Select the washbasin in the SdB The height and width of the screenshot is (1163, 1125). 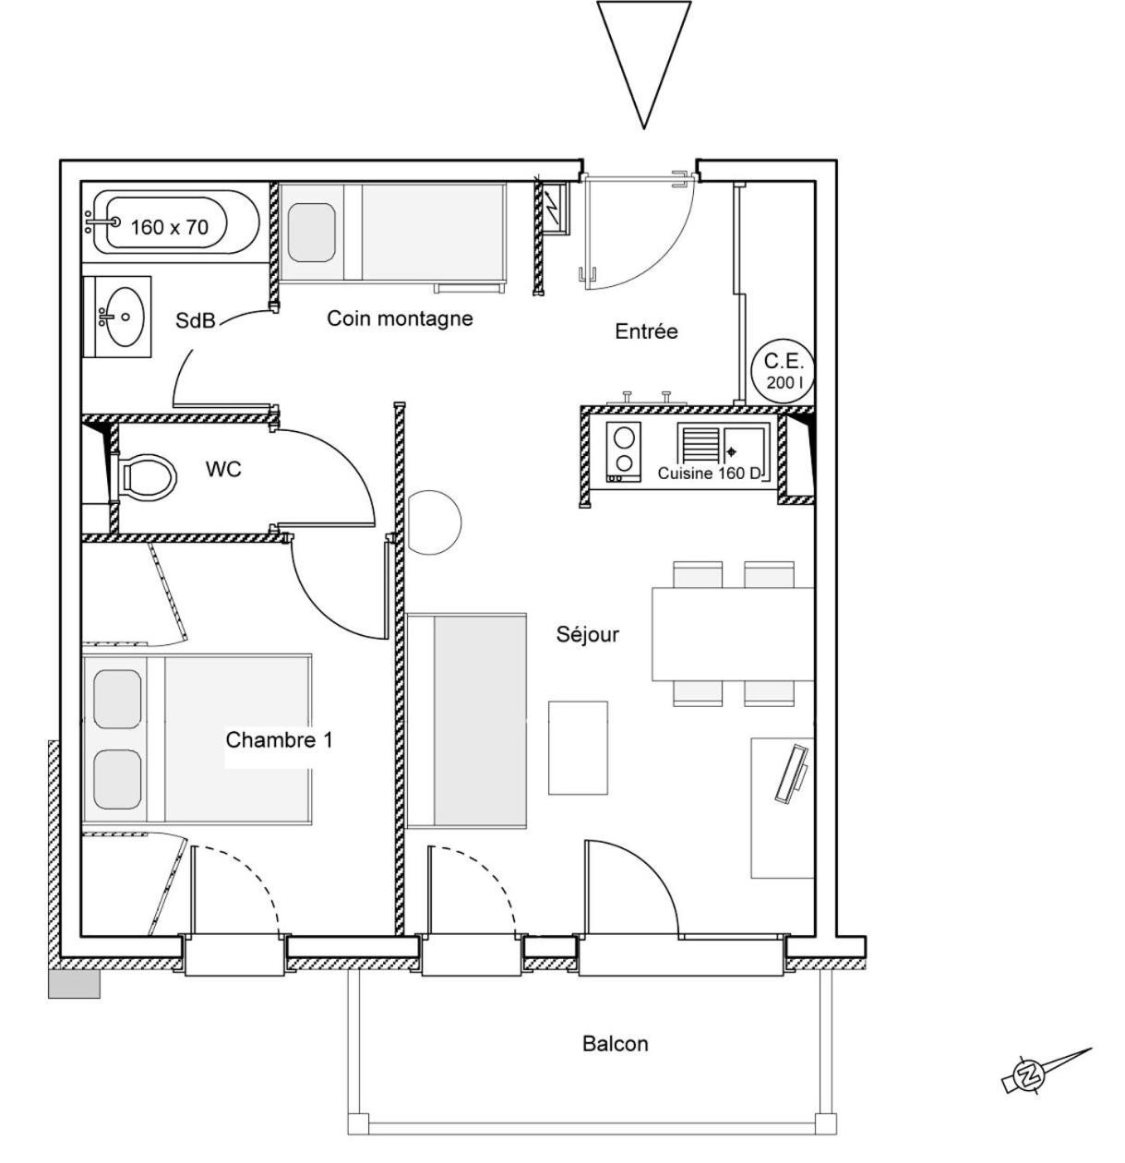click(x=121, y=316)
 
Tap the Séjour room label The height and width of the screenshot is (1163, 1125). click(x=587, y=635)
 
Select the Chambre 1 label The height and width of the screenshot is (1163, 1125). click(x=279, y=740)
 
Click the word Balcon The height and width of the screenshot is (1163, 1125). click(x=615, y=1044)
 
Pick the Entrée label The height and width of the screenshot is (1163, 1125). click(x=646, y=331)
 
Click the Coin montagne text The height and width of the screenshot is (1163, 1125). click(x=400, y=318)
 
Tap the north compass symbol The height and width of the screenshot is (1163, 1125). click(x=1026, y=1074)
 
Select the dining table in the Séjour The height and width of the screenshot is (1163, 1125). click(x=733, y=634)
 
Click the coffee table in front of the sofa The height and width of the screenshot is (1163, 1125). click(x=578, y=748)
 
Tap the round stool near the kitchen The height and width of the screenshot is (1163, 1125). click(x=433, y=522)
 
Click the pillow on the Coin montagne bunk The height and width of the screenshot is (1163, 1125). click(x=311, y=234)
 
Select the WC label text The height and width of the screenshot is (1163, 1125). click(x=223, y=470)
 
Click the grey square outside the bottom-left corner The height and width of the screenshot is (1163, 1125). click(x=74, y=984)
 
